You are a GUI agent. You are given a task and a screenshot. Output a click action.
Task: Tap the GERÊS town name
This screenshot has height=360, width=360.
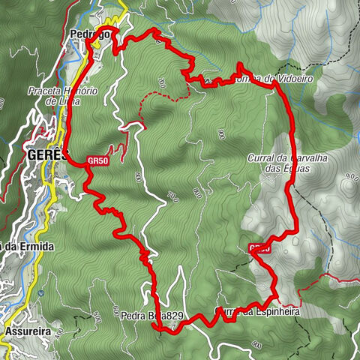click(x=46, y=154)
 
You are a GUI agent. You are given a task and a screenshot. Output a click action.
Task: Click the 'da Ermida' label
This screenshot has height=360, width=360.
click(x=21, y=245)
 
